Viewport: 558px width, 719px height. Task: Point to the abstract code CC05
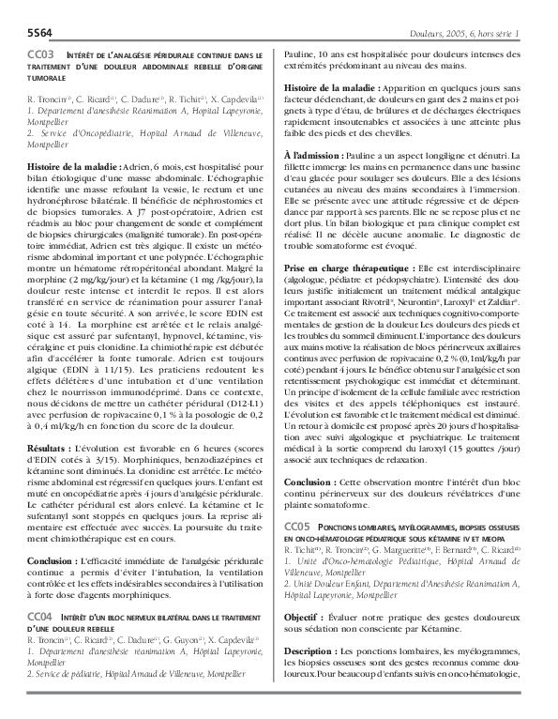[297, 528]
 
